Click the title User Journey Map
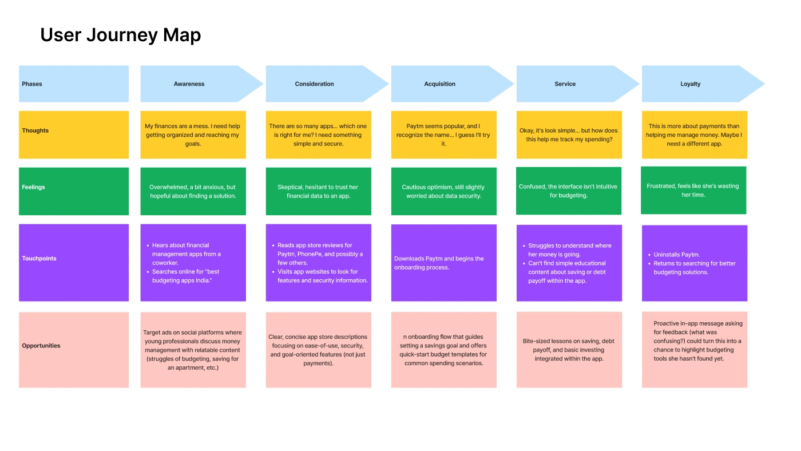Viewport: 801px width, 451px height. coord(121,35)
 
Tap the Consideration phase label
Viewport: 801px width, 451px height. coord(314,84)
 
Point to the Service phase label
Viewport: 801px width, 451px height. coord(565,84)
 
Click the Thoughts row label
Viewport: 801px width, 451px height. coord(35,130)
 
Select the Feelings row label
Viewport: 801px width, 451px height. coord(33,187)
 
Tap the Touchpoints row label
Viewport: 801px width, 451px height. coord(39,258)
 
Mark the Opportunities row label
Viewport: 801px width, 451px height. coord(41,346)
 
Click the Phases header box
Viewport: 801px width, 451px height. coord(74,84)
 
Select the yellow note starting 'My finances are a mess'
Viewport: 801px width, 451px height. coord(193,135)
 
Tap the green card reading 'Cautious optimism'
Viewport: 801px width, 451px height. coord(444,191)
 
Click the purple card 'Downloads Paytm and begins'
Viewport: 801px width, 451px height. coord(444,263)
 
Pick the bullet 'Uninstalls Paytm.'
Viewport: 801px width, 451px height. coord(674,255)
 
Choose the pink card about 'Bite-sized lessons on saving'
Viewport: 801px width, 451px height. coord(569,350)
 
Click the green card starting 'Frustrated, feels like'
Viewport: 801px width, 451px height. coord(693,190)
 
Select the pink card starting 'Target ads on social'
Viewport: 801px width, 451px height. coord(193,350)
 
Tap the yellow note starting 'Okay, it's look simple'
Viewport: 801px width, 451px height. coord(569,135)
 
